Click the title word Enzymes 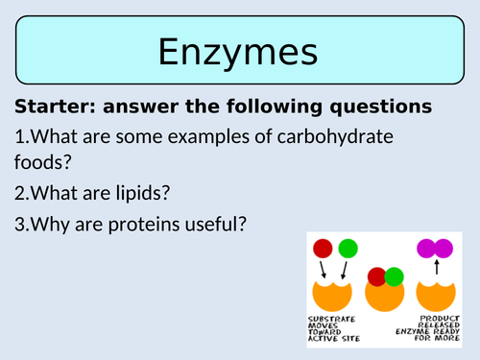239,51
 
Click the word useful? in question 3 217,225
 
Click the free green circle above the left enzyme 348,249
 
